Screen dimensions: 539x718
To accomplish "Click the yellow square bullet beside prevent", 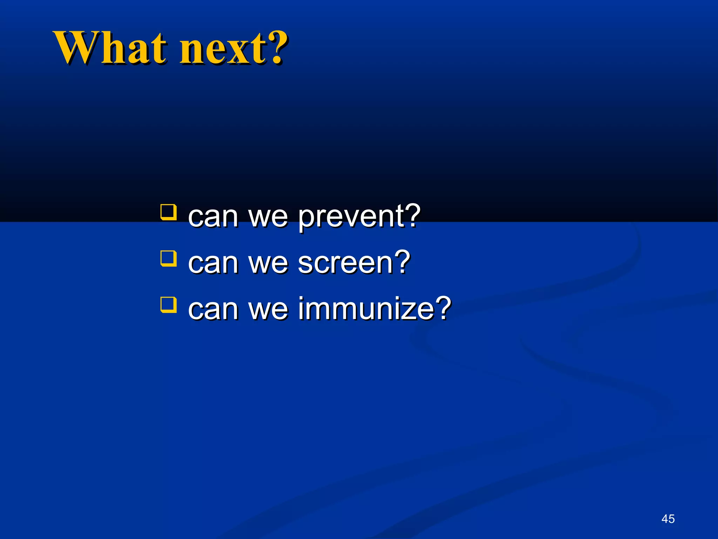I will pyautogui.click(x=168, y=212).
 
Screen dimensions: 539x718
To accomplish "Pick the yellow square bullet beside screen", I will pyautogui.click(x=168, y=258).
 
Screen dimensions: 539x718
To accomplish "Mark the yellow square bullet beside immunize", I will pyautogui.click(x=168, y=304).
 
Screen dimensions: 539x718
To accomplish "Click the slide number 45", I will pyautogui.click(x=668, y=519).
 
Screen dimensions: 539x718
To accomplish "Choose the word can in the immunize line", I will pyautogui.click(x=212, y=310).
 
